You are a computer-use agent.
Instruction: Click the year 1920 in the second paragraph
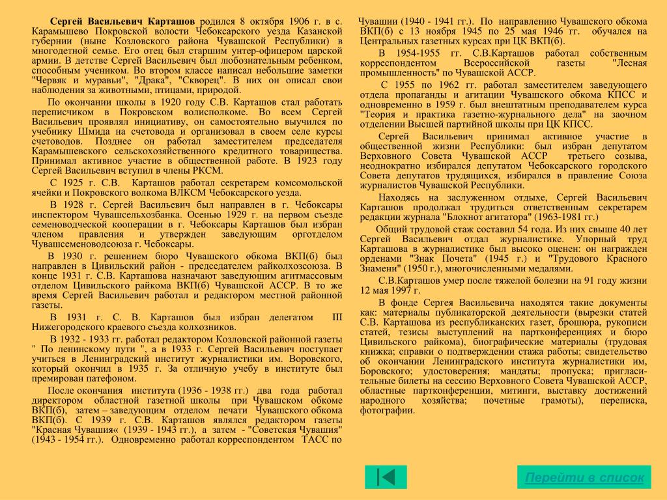pos(169,103)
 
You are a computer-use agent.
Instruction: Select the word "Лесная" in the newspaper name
pos(629,63)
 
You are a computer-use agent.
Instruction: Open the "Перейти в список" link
pos(584,477)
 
